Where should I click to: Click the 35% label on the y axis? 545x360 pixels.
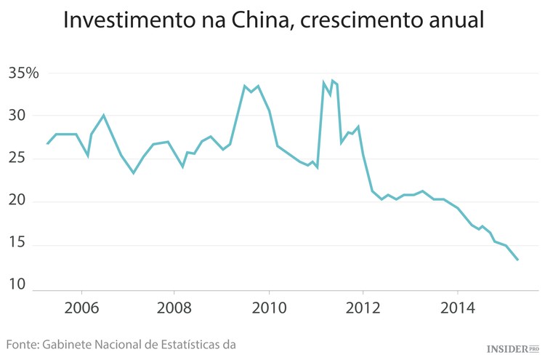pyautogui.click(x=23, y=73)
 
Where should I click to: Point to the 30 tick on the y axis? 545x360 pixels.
pyautogui.click(x=17, y=116)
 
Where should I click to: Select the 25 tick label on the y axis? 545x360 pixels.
pyautogui.click(x=17, y=159)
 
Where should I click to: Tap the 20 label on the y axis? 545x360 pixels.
pyautogui.click(x=17, y=201)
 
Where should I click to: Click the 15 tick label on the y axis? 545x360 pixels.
pyautogui.click(x=17, y=244)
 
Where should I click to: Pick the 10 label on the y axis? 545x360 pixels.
pyautogui.click(x=17, y=287)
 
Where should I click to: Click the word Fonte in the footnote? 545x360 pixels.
pyautogui.click(x=23, y=343)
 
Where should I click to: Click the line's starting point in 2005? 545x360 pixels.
pyautogui.click(x=47, y=144)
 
